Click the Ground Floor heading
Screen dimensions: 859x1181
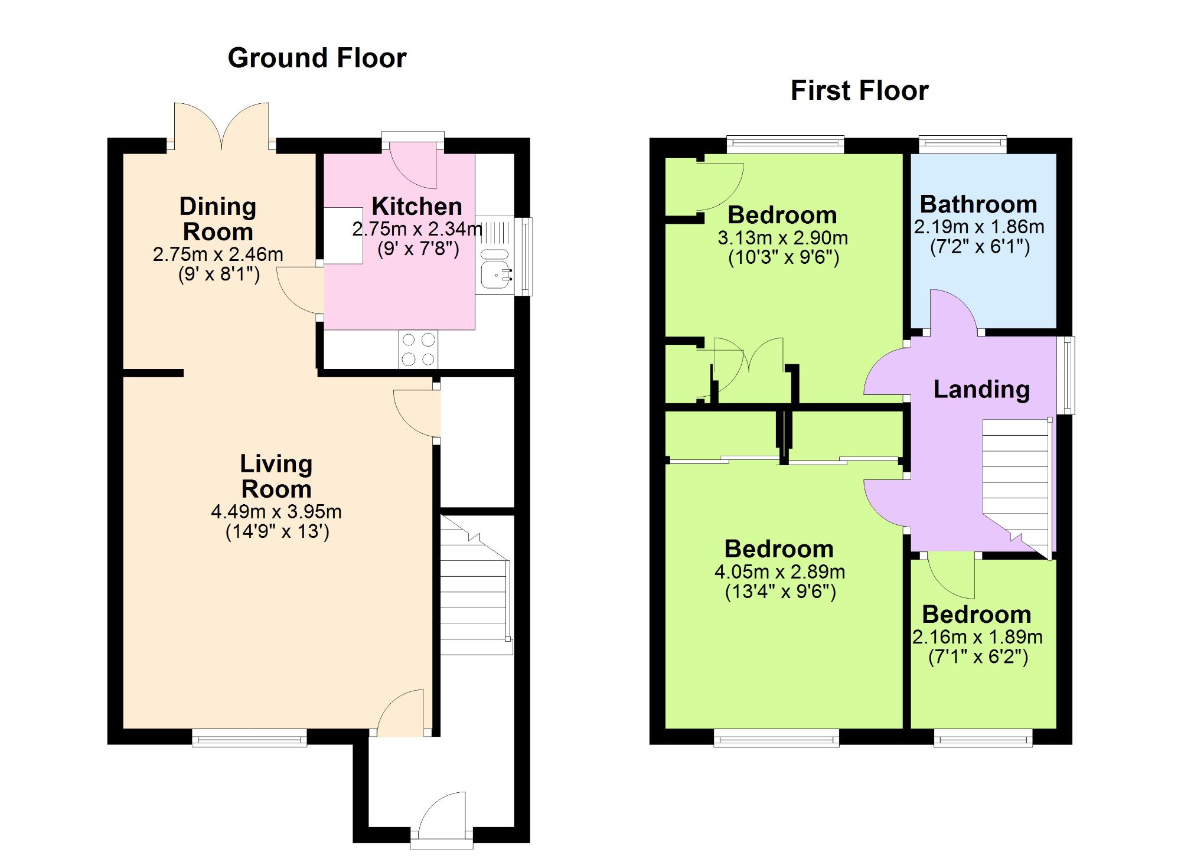click(317, 58)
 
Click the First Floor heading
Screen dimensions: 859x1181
click(859, 90)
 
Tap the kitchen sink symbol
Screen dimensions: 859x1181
click(495, 275)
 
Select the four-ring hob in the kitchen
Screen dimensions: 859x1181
click(418, 349)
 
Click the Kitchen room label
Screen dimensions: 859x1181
click(417, 206)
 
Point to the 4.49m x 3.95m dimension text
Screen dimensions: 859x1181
click(276, 511)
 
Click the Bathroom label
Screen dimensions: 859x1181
click(978, 204)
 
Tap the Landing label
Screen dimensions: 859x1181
click(981, 389)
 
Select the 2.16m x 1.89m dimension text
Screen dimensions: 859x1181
click(977, 637)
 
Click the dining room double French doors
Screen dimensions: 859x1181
click(221, 125)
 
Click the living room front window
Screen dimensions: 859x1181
click(249, 738)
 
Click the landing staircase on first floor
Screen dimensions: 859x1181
click(1016, 484)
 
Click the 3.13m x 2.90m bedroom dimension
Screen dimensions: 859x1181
click(782, 238)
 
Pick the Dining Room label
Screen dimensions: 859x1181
click(218, 219)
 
